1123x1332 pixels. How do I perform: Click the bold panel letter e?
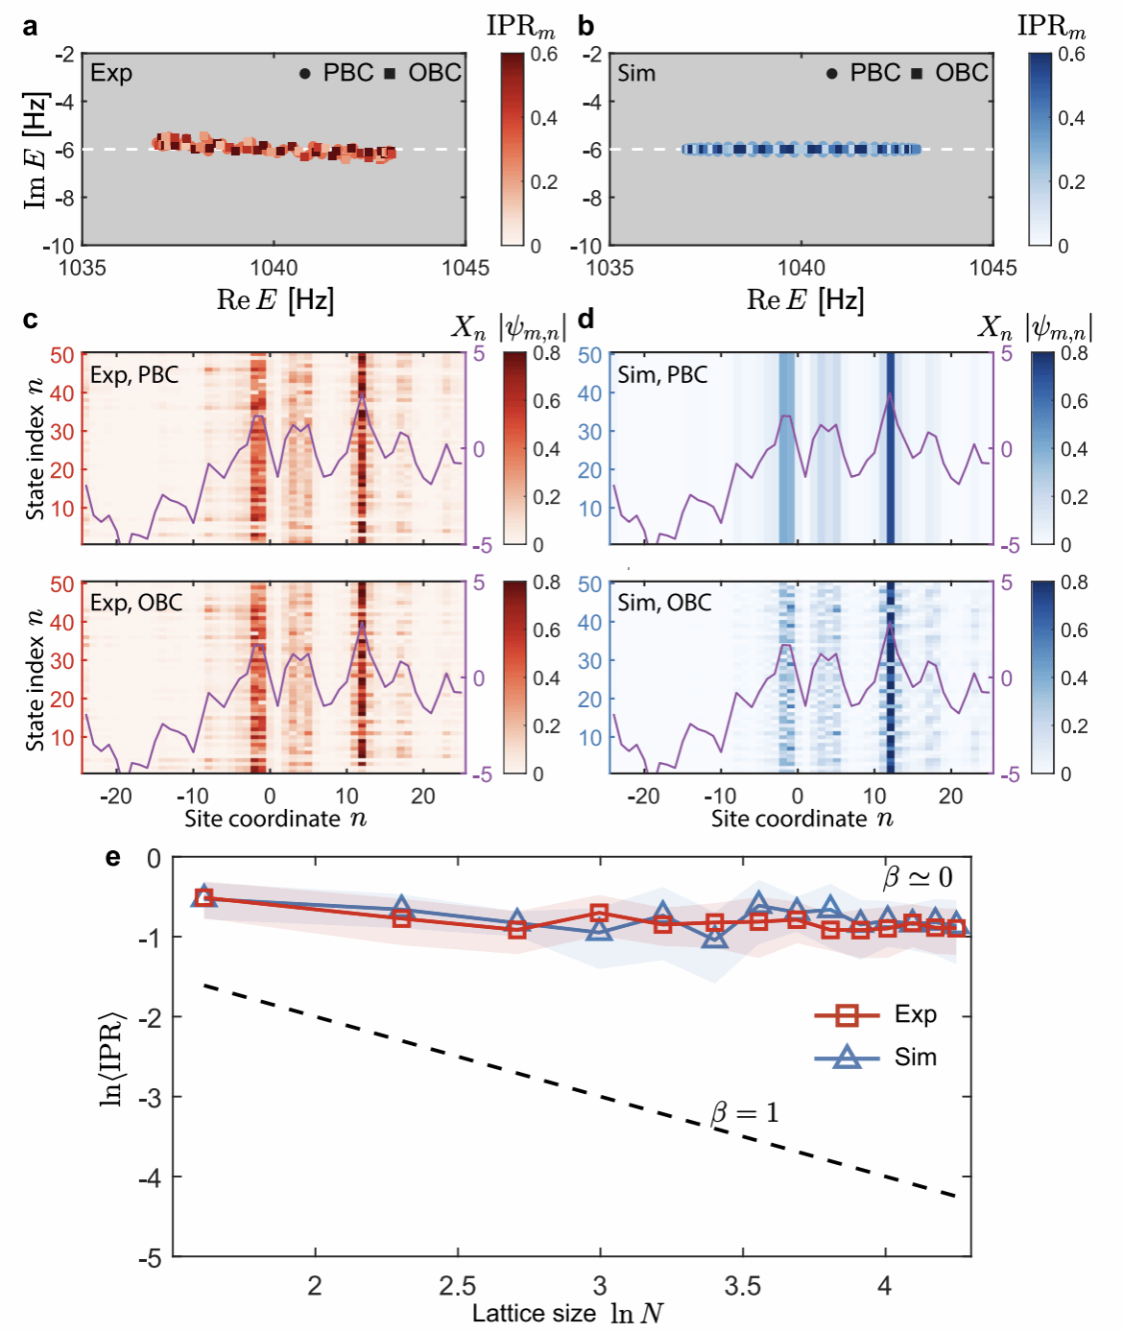point(112,857)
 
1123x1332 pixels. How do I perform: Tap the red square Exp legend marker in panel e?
point(846,1015)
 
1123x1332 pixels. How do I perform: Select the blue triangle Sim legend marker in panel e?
point(847,1057)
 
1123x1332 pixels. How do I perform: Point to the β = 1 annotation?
point(745,1113)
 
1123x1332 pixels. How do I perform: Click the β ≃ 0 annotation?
point(918,878)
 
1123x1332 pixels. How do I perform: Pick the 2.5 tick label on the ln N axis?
point(458,1286)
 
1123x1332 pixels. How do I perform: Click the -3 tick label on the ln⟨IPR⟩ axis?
point(151,1097)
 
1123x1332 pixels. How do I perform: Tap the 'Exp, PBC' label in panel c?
point(134,375)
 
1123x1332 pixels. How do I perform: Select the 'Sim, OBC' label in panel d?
point(664,603)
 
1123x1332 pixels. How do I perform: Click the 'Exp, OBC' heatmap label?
point(136,603)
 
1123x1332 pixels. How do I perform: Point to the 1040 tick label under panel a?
point(274,268)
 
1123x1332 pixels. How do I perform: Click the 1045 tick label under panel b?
point(992,268)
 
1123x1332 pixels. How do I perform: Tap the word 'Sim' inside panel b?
point(636,73)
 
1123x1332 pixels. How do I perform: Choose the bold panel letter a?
point(30,28)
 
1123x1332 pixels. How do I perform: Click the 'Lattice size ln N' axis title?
point(567,1314)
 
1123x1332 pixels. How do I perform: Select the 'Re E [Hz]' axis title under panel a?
point(275,299)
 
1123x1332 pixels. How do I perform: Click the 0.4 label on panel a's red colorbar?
point(543,118)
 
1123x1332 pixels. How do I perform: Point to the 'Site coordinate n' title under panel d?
point(802,820)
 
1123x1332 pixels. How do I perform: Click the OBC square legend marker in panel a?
point(391,74)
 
